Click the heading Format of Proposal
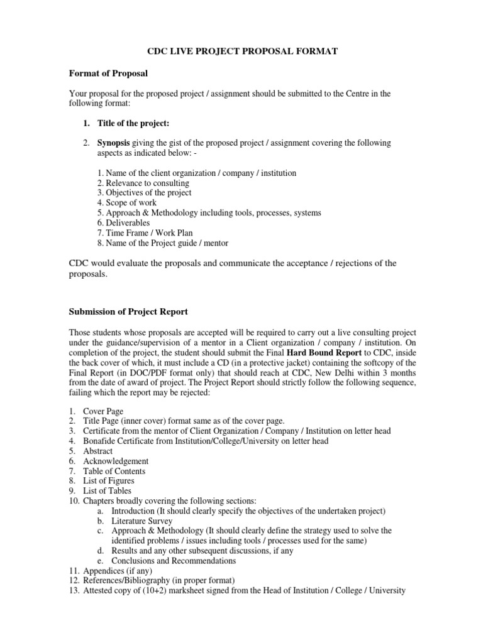tap(108, 73)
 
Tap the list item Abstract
tap(97, 451)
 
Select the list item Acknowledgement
tap(116, 461)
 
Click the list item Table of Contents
tap(114, 471)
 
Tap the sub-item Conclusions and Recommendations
tap(174, 561)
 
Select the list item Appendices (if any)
tap(117, 571)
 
